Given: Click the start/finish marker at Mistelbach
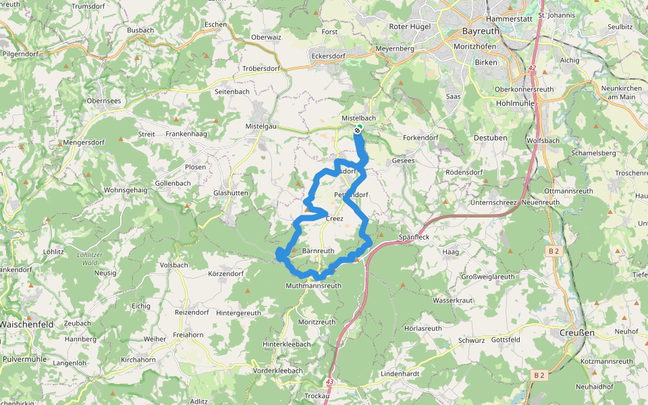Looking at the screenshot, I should [x=358, y=130].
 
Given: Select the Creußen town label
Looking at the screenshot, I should [x=576, y=333].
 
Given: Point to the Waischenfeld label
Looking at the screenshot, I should [x=26, y=323].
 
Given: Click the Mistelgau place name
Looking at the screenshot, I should [x=261, y=126].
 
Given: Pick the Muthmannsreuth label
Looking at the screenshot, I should [x=314, y=286].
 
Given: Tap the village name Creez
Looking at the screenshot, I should [x=334, y=219].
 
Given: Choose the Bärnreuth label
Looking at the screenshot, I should [x=318, y=250].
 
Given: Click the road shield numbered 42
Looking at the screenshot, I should [x=532, y=68].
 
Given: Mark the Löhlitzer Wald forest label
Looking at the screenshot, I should [x=89, y=258].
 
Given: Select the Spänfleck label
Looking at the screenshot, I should [x=415, y=238].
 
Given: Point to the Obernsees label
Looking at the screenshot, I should [x=104, y=101].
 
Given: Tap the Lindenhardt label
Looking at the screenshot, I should [x=401, y=373].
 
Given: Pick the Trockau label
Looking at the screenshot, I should [x=317, y=396].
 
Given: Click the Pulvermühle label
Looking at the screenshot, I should [x=25, y=359].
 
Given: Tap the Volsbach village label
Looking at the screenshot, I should [x=174, y=265].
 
